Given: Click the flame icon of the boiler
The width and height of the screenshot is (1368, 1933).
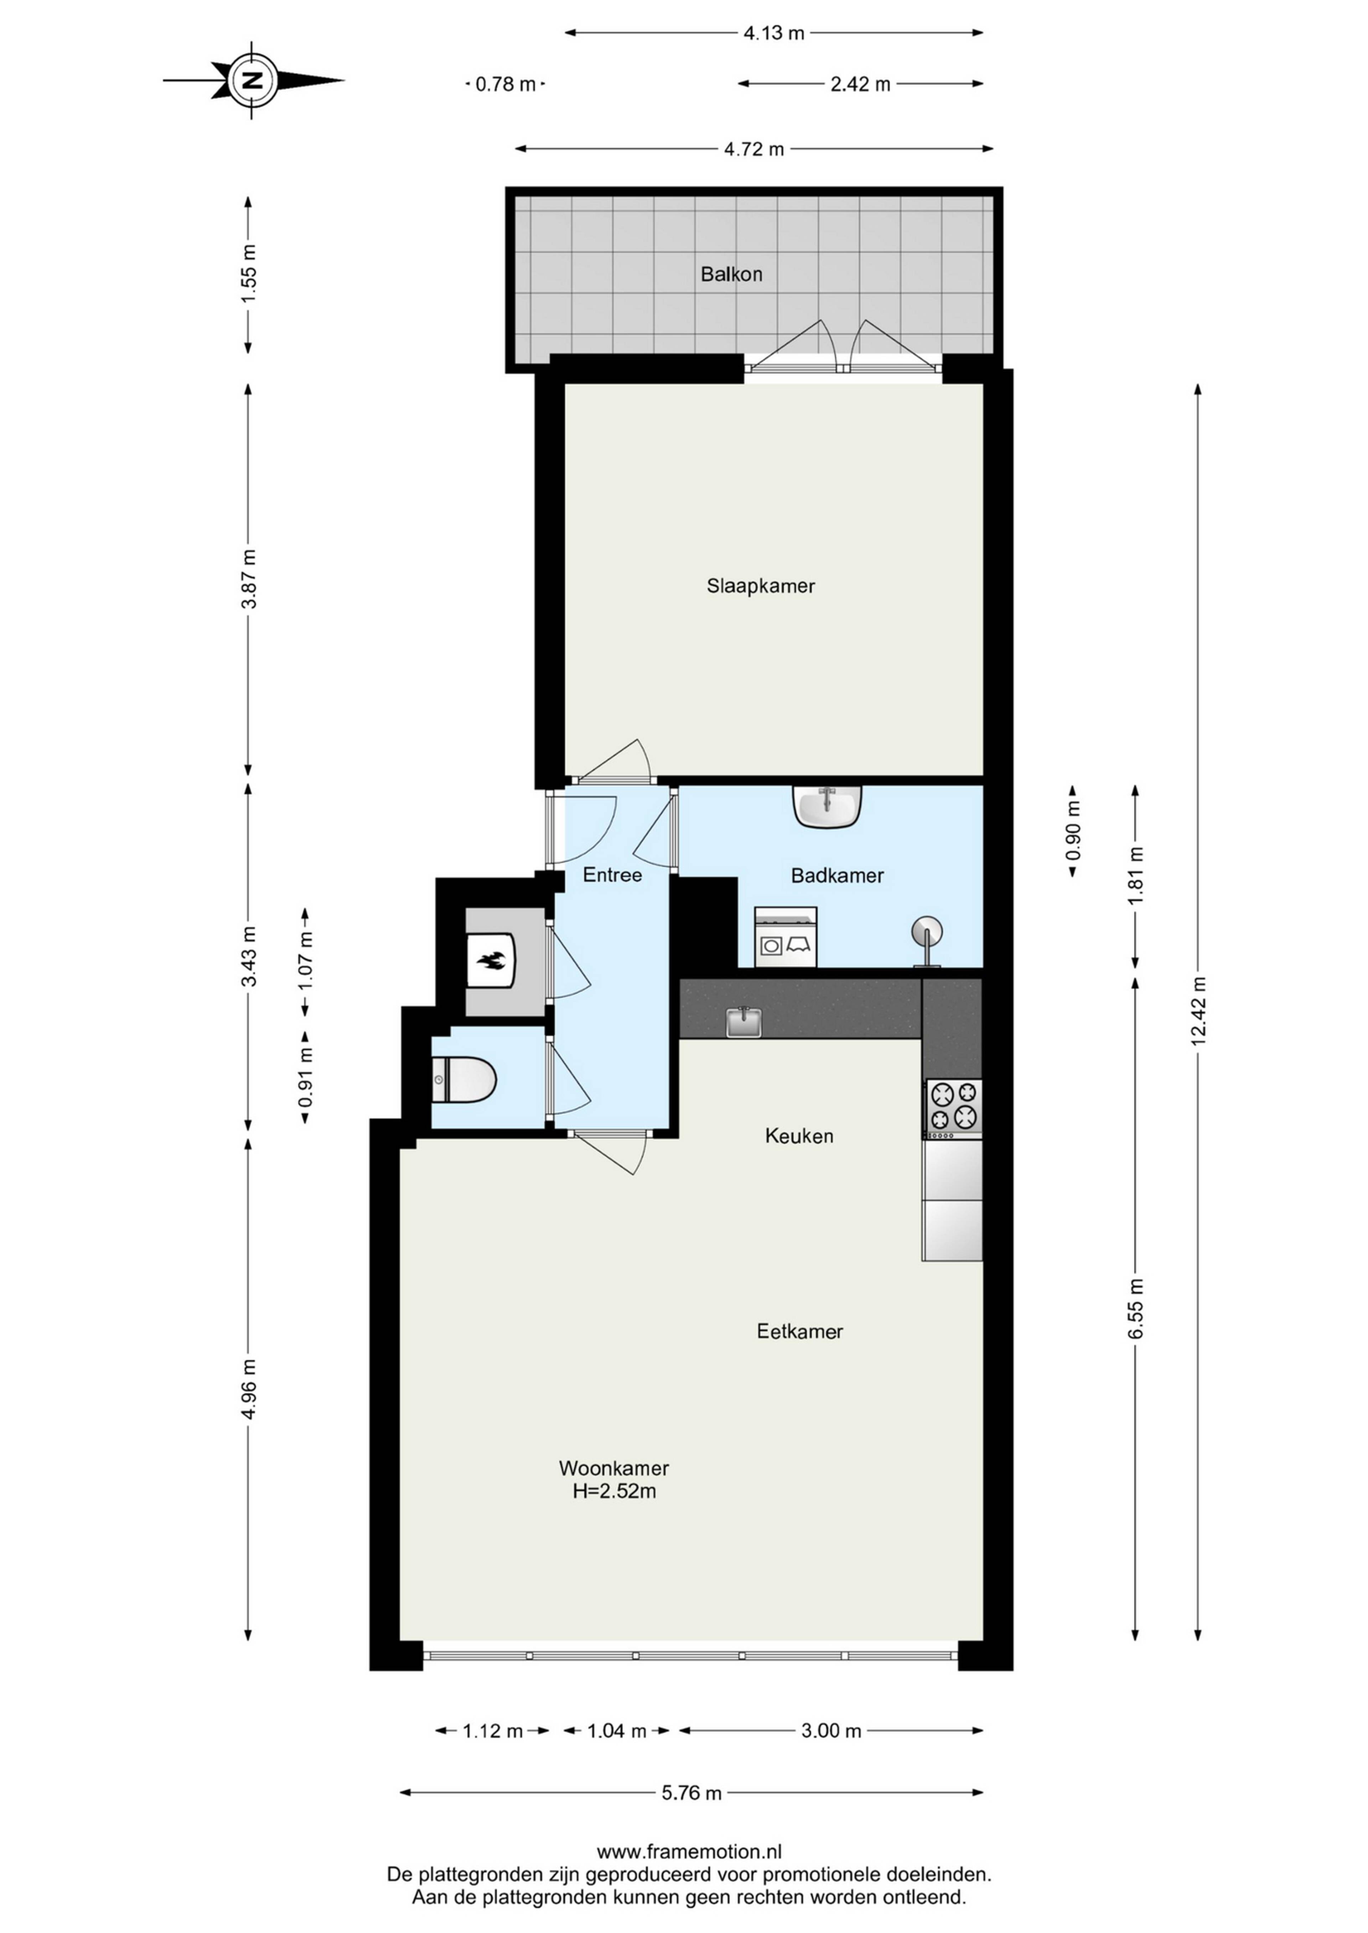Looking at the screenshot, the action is tap(490, 961).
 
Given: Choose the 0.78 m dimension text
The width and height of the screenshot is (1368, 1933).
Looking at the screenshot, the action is tap(506, 84).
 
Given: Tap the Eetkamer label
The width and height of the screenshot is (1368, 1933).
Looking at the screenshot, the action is tap(799, 1331).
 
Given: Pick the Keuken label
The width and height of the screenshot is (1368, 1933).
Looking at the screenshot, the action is tap(799, 1136).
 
